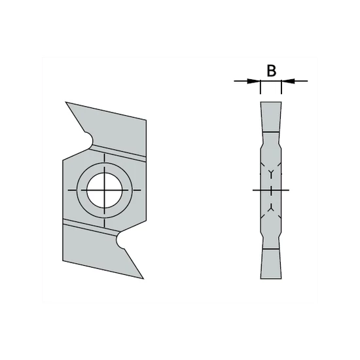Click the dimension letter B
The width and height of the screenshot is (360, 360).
tap(272, 71)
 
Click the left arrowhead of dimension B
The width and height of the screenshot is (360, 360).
tap(254, 81)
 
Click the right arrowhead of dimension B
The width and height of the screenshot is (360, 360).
tap(288, 81)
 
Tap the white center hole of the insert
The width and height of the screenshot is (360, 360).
tap(105, 190)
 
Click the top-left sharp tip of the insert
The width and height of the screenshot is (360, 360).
tap(66, 102)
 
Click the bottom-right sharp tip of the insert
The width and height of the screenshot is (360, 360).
tap(143, 279)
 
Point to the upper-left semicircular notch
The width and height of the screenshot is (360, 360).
tap(89, 139)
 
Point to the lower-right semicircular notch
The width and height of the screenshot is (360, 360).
tap(120, 241)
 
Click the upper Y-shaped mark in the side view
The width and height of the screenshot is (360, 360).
tap(271, 173)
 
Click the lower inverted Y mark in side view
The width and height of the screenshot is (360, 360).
tap(271, 207)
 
